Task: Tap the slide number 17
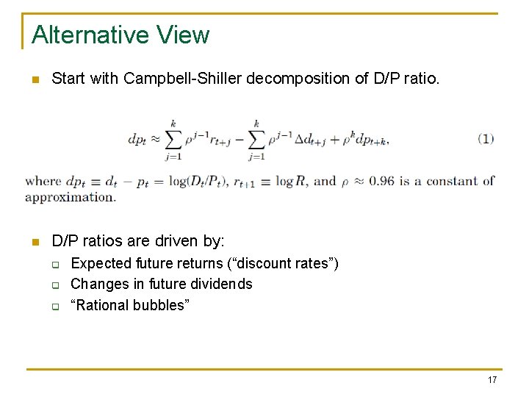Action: pos(492,379)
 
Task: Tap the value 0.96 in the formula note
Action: pos(384,181)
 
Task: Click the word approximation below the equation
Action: pos(70,197)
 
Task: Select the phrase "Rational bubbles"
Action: pos(129,304)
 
